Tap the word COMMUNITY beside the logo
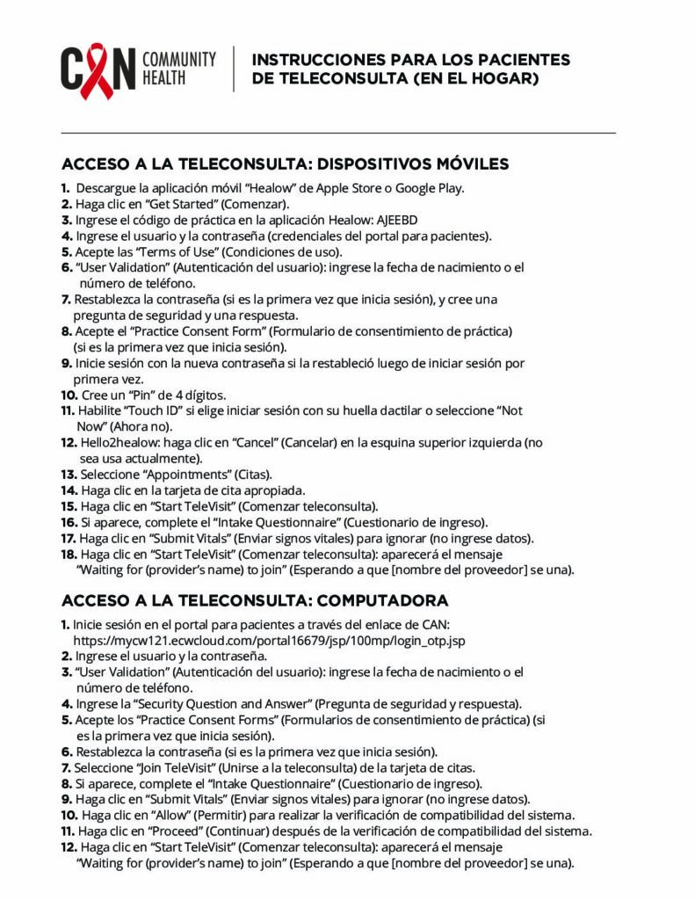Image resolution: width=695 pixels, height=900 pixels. [179, 59]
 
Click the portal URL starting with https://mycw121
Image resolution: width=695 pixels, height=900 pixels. [269, 641]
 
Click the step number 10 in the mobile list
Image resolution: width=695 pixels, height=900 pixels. [69, 395]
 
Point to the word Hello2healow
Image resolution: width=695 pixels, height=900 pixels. [117, 442]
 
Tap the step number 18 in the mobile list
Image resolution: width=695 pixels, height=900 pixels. [69, 554]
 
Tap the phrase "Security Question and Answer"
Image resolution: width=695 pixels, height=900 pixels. [222, 703]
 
